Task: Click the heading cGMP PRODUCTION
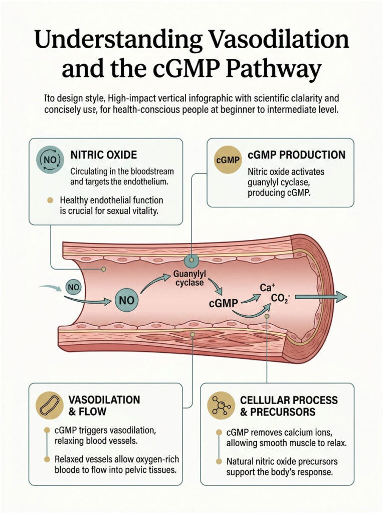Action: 296,155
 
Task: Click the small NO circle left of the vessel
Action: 73,287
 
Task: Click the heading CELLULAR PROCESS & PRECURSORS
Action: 288,406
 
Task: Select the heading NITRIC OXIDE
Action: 103,155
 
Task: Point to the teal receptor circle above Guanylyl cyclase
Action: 190,261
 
